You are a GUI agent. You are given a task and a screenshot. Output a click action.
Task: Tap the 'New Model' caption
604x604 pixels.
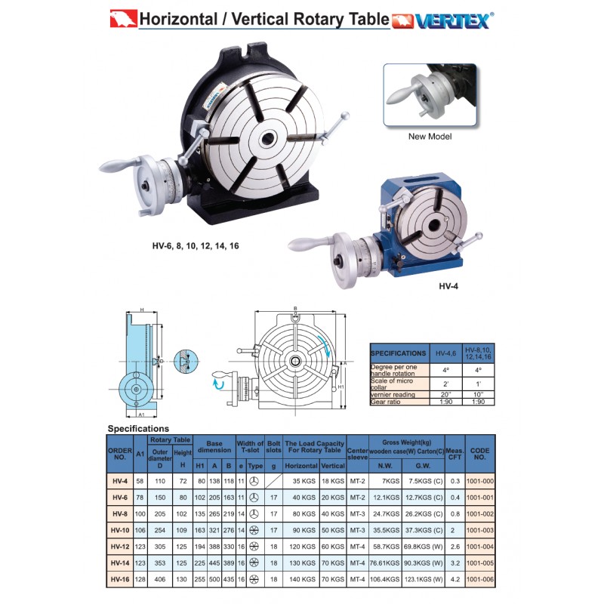tap(430, 137)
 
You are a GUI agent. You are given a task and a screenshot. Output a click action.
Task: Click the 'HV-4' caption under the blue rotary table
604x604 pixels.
tap(448, 286)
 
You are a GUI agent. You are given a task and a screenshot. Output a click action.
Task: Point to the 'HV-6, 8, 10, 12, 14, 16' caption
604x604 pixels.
tap(196, 246)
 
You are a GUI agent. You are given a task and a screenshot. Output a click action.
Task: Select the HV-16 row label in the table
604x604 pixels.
tap(120, 579)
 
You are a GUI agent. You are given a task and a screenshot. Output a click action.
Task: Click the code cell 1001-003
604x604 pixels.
tap(480, 530)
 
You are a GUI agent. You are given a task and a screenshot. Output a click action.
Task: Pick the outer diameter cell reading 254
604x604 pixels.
tap(160, 530)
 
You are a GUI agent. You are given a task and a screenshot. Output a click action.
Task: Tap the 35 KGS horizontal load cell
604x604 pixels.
tap(304, 481)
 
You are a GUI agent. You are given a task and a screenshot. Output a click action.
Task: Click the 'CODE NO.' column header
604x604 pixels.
tap(480, 454)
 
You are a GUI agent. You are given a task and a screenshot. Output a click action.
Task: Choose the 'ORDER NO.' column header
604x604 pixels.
tap(120, 454)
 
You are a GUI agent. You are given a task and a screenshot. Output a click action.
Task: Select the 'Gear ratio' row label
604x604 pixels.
tap(385, 402)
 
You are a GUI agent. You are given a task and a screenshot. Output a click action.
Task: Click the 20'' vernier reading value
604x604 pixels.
tap(445, 394)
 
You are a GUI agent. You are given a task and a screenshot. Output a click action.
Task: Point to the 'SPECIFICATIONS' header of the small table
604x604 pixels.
tap(399, 353)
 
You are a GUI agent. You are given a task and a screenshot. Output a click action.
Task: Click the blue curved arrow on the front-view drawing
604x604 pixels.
tap(324, 345)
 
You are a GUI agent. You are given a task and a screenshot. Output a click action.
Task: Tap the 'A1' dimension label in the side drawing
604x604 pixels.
tap(141, 414)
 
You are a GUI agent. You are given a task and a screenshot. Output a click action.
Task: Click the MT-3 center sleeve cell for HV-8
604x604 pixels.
tap(357, 514)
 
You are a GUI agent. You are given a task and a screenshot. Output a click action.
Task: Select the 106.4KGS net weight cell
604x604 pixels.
tap(385, 579)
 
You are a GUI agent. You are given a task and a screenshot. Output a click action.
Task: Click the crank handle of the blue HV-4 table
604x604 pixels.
tap(309, 244)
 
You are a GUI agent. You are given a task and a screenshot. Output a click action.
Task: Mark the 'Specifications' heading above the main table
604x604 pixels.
tap(138, 429)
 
